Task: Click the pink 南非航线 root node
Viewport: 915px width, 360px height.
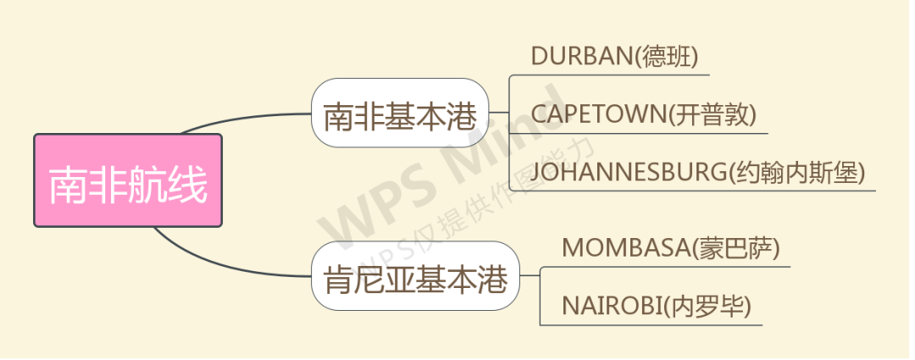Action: (128, 180)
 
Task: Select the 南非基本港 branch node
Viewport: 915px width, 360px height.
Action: (400, 113)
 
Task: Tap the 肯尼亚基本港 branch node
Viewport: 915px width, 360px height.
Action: (415, 276)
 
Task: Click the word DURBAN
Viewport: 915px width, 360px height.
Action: (581, 57)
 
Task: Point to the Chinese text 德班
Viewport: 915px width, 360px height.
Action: (665, 58)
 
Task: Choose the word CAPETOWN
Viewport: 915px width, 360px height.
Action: (598, 114)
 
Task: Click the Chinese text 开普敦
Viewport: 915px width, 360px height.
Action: (712, 115)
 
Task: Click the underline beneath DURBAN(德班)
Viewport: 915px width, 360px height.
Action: (609, 75)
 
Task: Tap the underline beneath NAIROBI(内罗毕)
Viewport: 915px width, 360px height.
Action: (651, 325)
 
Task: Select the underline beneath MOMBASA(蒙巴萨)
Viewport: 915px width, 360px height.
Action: (665, 267)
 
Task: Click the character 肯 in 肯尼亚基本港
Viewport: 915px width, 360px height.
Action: (338, 279)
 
